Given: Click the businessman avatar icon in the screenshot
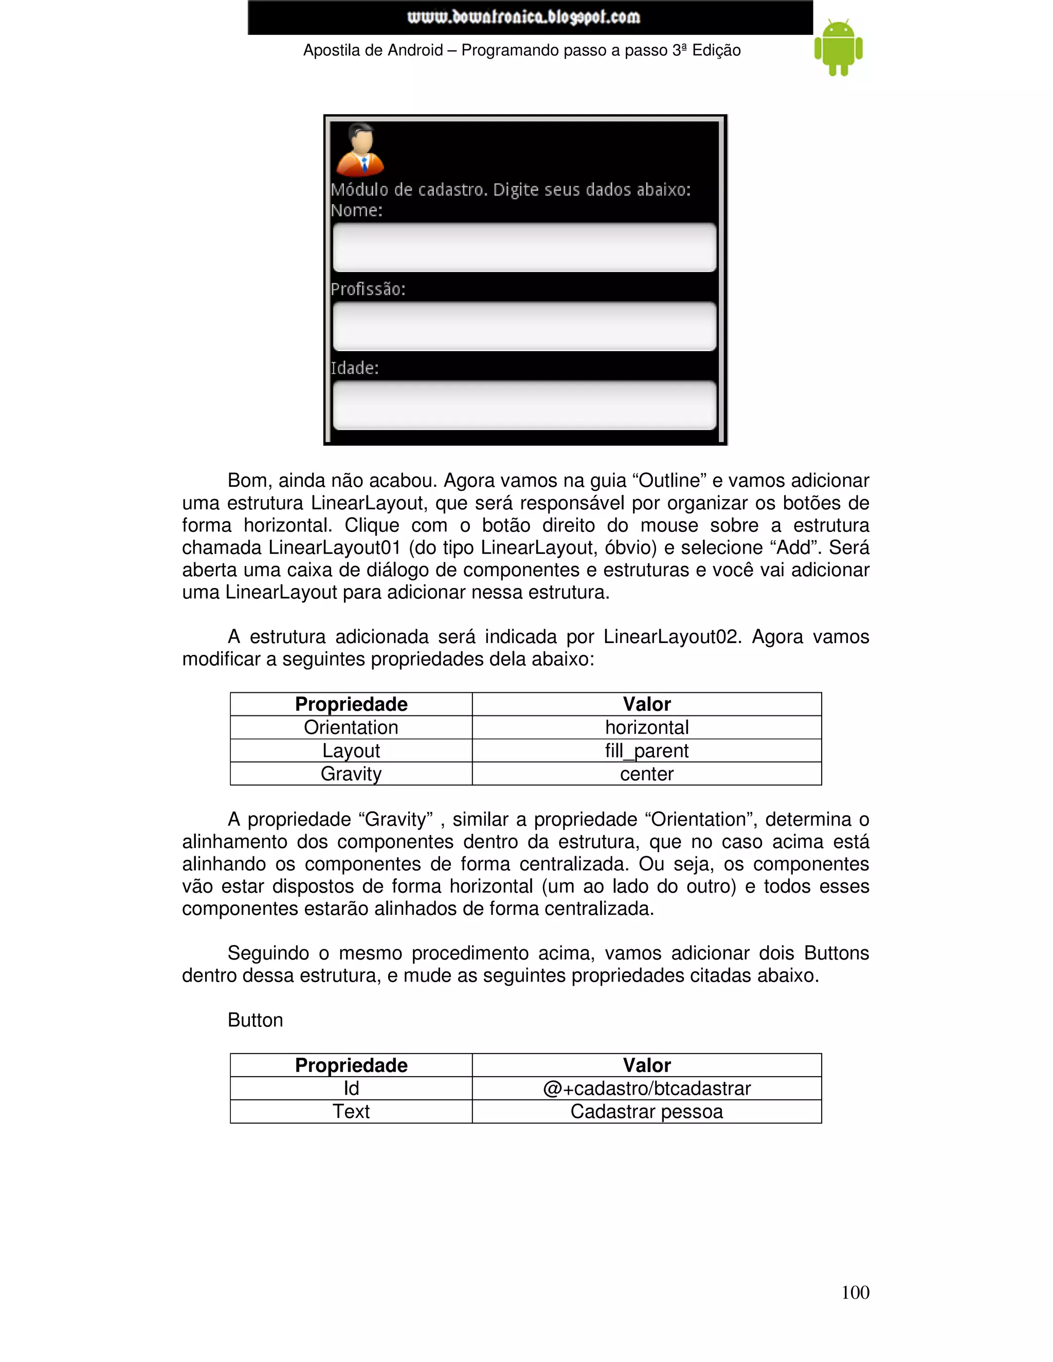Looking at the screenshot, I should tap(360, 150).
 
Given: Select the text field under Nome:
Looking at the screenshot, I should tap(524, 248).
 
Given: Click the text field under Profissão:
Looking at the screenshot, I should tap(524, 326).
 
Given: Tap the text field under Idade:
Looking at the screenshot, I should tap(524, 406).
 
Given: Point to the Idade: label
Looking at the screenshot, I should tap(354, 368).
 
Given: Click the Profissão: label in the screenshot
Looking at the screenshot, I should tap(368, 289).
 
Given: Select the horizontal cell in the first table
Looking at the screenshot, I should tap(646, 727).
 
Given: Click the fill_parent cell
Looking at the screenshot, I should tap(646, 750).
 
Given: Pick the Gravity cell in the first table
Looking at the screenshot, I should tap(351, 774).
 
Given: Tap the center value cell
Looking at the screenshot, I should tap(646, 774).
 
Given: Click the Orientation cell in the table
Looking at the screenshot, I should tap(351, 727).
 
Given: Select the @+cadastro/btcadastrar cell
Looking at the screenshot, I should tap(646, 1088).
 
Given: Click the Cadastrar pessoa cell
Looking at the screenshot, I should tap(646, 1111).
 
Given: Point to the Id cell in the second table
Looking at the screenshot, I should tap(351, 1088).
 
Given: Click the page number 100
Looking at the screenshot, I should tap(855, 1292).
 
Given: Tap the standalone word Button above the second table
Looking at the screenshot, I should tap(255, 1020).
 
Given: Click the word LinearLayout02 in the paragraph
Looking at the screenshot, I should tap(671, 637).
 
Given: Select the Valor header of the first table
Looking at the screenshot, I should tap(646, 704).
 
